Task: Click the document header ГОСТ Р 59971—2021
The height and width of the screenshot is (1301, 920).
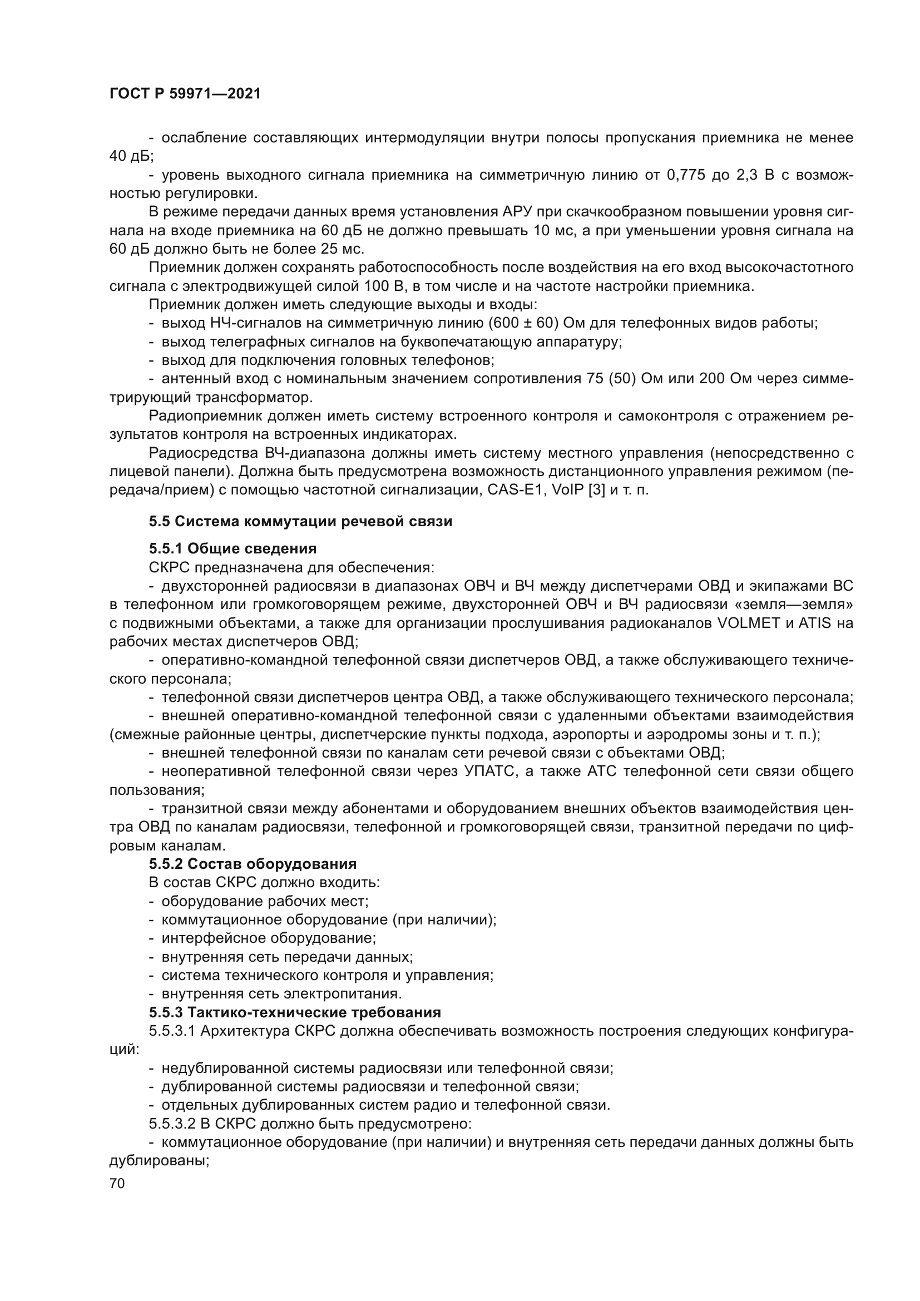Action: point(185,94)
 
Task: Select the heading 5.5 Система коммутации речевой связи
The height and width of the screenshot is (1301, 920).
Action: point(300,521)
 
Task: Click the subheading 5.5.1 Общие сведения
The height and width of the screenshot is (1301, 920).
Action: point(233,548)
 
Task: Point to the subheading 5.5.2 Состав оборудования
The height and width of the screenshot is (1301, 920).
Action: point(253,864)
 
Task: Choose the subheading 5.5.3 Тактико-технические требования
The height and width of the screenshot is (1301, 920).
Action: point(295,1012)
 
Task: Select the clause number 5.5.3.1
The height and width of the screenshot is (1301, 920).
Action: point(172,1031)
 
